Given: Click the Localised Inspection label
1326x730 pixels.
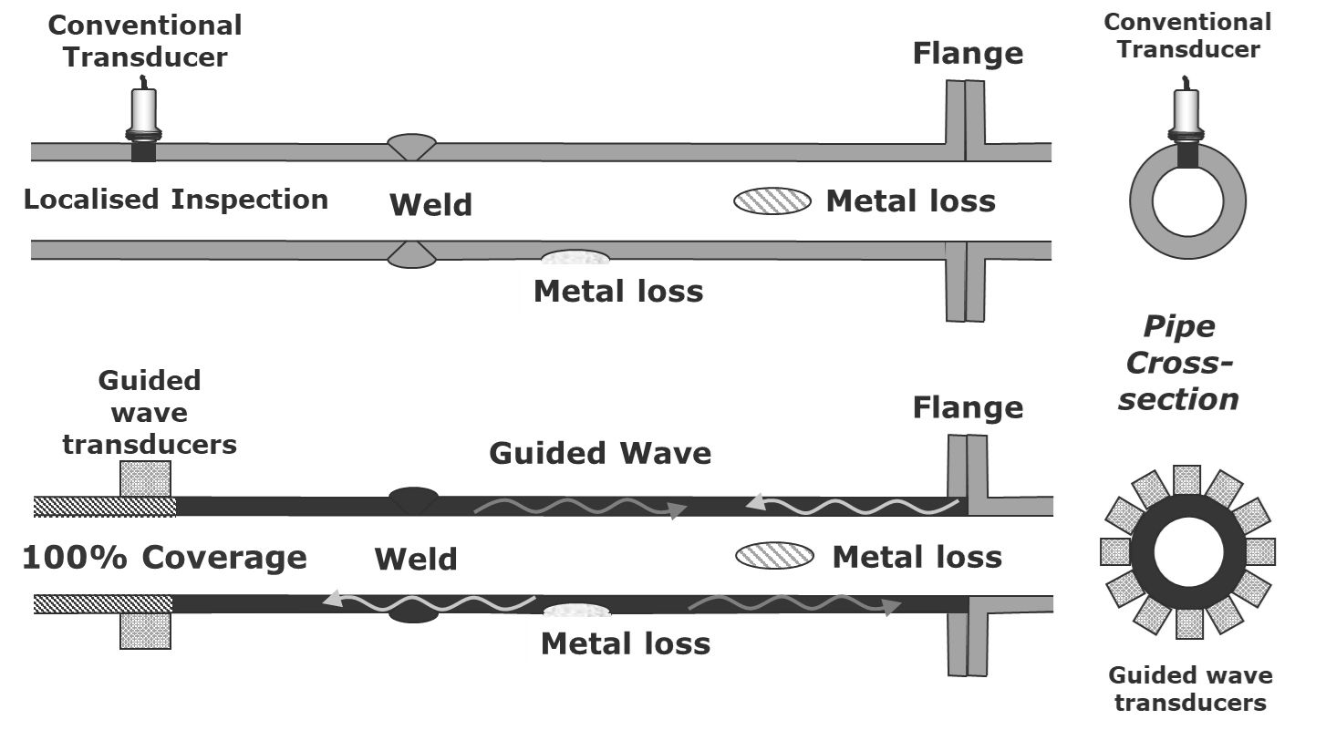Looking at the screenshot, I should pyautogui.click(x=176, y=199).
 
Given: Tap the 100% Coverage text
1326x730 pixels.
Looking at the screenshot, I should pyautogui.click(x=164, y=557).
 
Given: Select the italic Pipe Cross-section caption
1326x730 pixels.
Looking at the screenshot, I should pyautogui.click(x=1178, y=363).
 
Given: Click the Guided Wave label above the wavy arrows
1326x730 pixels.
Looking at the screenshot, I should pyautogui.click(x=600, y=453).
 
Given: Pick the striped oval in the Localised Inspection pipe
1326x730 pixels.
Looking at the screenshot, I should pyautogui.click(x=772, y=200).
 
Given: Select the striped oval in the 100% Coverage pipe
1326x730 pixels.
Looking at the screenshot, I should pyautogui.click(x=774, y=556).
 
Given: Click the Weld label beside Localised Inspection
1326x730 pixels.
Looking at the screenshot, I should pyautogui.click(x=430, y=204).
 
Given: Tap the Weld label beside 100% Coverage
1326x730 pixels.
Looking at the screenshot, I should pyautogui.click(x=416, y=559).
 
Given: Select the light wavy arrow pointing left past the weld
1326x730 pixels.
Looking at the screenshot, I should pyautogui.click(x=429, y=601).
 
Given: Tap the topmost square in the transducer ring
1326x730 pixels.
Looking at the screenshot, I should pyautogui.click(x=1186, y=479).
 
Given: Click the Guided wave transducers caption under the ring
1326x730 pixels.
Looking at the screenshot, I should pyautogui.click(x=1190, y=688).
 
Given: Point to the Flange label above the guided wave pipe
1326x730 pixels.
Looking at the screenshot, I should pyautogui.click(x=968, y=407).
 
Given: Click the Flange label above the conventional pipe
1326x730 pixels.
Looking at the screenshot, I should pyautogui.click(x=968, y=53).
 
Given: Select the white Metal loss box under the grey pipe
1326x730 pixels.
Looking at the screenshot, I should pyautogui.click(x=643, y=290).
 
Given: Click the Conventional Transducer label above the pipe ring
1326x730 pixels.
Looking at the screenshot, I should pyautogui.click(x=1187, y=35).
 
